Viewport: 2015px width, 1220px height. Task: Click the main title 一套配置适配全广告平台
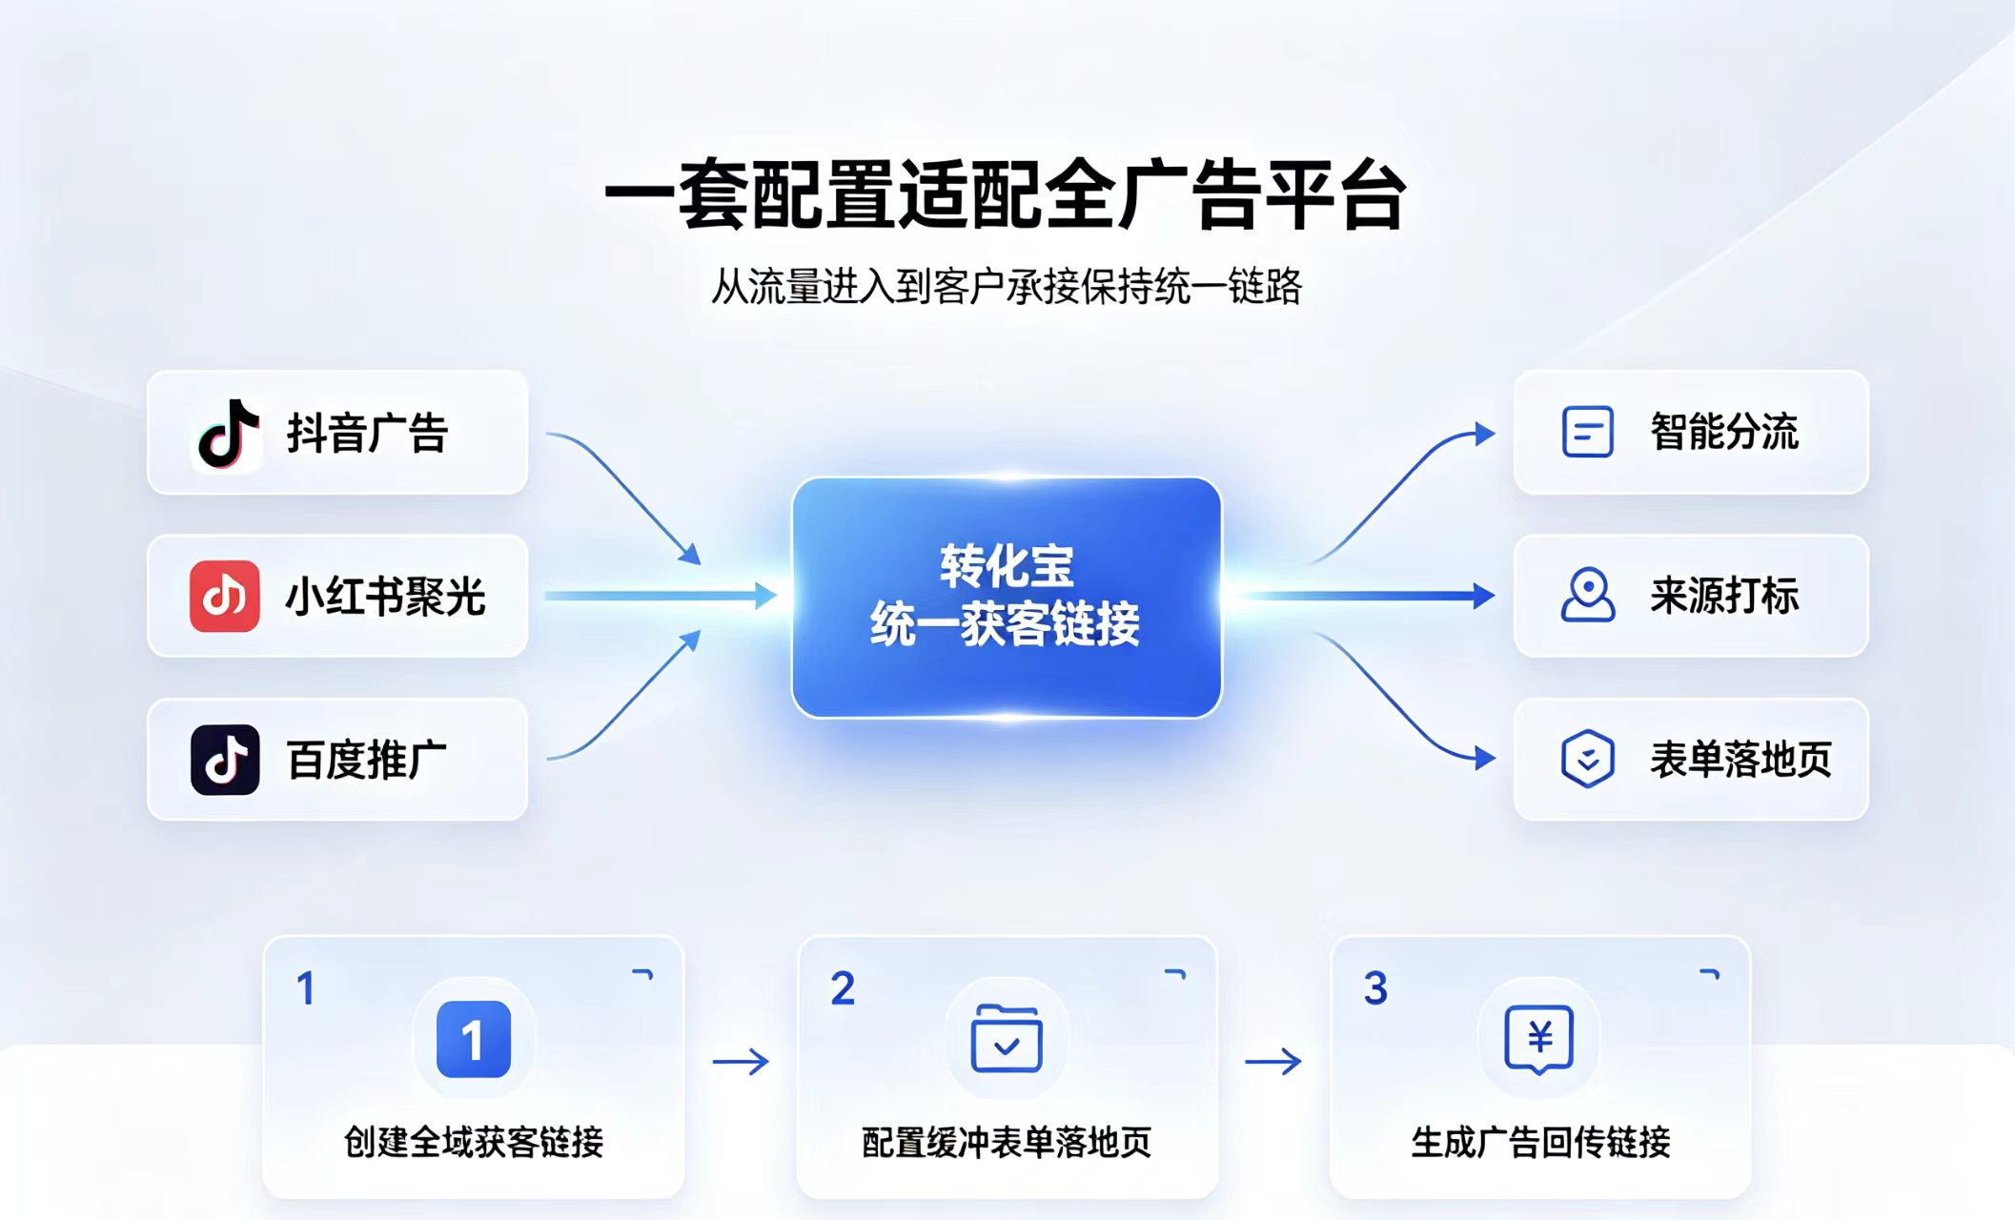coord(1007,195)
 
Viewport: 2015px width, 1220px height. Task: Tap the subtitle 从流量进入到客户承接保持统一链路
coord(1007,286)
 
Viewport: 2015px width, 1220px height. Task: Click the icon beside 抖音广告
coord(228,433)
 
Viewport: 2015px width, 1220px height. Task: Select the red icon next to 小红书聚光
coord(225,597)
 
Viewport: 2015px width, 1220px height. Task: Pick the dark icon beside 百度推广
coord(225,760)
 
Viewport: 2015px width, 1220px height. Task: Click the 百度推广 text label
coord(367,760)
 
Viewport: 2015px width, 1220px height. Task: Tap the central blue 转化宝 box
coord(1007,597)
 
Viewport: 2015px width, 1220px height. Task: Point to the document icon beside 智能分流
coord(1588,432)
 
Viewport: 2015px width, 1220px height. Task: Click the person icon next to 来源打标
coord(1588,596)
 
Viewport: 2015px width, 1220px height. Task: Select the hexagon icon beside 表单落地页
coord(1588,759)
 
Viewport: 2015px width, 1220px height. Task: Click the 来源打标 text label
coord(1724,596)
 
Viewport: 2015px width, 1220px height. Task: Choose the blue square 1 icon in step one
coord(474,1039)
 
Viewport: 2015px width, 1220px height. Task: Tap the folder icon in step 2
coord(1007,1038)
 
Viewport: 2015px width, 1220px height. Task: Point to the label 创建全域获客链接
coord(474,1142)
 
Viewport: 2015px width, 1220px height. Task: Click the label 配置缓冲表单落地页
coord(1007,1142)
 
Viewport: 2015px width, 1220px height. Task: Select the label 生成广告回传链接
coord(1540,1142)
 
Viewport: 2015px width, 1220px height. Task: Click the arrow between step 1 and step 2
coord(741,1061)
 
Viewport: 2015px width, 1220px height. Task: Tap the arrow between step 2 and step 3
coord(1273,1061)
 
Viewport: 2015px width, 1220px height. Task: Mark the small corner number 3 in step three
coord(1375,988)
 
